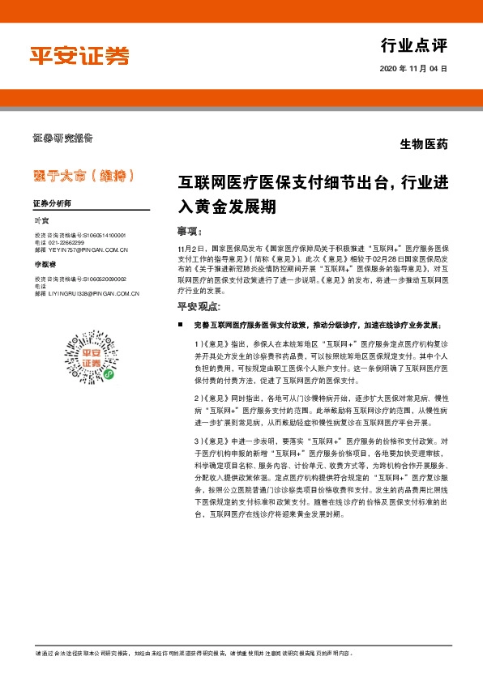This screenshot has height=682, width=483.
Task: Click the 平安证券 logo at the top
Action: [79, 55]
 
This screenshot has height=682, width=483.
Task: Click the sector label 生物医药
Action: [424, 146]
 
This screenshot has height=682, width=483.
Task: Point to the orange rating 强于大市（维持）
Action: [83, 174]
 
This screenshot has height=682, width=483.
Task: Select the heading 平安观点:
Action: [199, 305]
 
